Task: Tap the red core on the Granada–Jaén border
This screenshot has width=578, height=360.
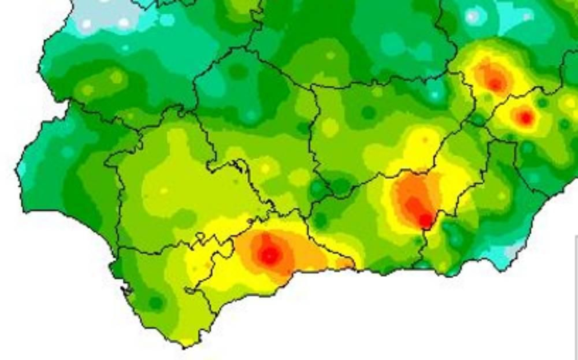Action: click(426, 220)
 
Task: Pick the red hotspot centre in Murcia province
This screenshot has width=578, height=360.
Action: click(525, 117)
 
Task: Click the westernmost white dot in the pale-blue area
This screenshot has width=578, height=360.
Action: click(86, 24)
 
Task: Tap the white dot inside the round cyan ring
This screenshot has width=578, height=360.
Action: click(472, 17)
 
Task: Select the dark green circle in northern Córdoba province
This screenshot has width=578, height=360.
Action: click(237, 71)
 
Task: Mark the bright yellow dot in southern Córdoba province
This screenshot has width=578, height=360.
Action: click(265, 169)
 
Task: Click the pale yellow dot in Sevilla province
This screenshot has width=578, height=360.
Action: click(163, 190)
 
